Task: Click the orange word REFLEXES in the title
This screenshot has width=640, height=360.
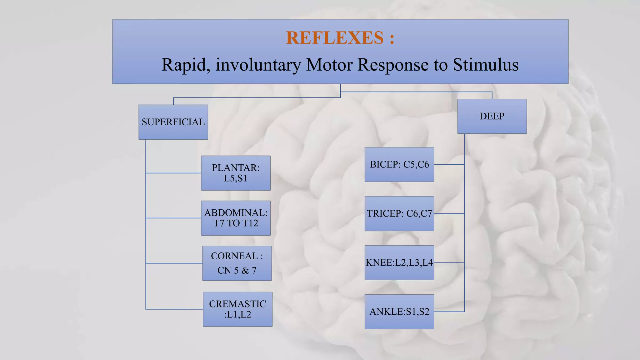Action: click(x=335, y=38)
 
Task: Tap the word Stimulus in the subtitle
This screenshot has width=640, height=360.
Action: click(x=486, y=65)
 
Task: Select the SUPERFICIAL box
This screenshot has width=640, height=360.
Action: click(x=173, y=122)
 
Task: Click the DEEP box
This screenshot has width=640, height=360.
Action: click(x=492, y=116)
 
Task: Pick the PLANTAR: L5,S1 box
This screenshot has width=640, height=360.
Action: click(x=236, y=173)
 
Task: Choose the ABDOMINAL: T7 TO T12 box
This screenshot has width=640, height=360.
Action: click(x=236, y=218)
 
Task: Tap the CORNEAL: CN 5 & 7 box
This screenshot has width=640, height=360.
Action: click(x=237, y=263)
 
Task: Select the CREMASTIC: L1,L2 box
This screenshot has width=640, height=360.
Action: click(x=237, y=309)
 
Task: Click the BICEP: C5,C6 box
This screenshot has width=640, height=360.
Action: click(x=399, y=164)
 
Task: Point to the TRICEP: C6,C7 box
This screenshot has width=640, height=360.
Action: click(x=399, y=214)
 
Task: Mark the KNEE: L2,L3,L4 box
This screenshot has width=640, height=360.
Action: click(x=399, y=262)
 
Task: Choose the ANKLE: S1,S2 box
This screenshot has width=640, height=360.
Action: click(x=399, y=312)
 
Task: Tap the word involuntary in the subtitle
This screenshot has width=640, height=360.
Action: click(x=258, y=65)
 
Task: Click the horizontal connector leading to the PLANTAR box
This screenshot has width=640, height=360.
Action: click(x=173, y=173)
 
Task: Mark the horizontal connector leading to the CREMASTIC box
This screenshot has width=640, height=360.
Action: click(x=174, y=309)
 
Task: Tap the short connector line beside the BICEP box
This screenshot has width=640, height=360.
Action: click(x=449, y=164)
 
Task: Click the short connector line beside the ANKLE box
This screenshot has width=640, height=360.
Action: click(x=449, y=312)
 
